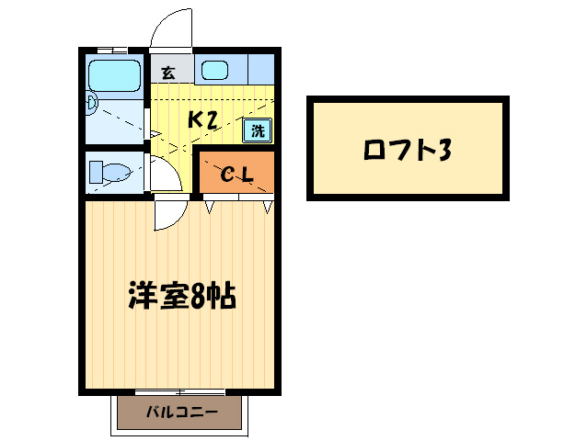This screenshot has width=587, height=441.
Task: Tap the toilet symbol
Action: [x=109, y=172]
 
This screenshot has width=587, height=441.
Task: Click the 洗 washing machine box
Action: [x=258, y=130]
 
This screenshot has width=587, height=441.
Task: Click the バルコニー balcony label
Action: [x=181, y=413]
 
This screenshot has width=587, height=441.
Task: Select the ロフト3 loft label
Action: [x=408, y=148]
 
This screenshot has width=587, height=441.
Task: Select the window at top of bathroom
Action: [x=112, y=49]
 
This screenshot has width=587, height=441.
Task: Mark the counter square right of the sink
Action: [x=260, y=69]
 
